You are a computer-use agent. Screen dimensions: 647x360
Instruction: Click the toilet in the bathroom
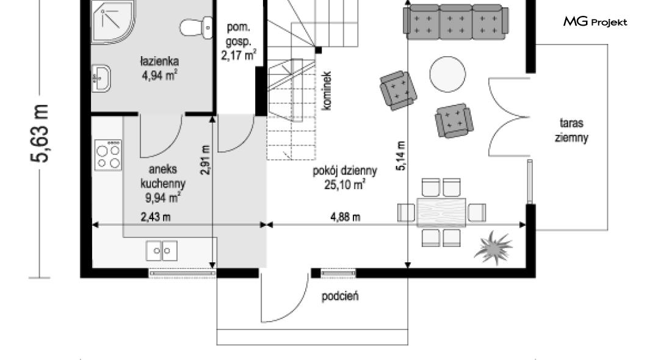[197, 27]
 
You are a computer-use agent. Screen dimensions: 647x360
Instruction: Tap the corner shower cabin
[112, 21]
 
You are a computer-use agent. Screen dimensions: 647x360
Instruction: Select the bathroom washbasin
[101, 78]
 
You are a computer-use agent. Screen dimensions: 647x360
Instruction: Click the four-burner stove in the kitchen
[108, 155]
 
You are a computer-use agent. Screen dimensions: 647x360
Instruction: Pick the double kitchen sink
[162, 251]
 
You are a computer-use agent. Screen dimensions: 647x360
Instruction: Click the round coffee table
[447, 74]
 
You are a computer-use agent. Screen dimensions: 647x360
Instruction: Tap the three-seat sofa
[455, 22]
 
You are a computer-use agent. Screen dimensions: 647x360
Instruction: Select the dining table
[441, 213]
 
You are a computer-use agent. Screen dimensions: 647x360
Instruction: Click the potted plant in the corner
[494, 248]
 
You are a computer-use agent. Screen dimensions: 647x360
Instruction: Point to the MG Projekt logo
[595, 21]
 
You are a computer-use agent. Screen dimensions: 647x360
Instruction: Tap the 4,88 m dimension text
[345, 217]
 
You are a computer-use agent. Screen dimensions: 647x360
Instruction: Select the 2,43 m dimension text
[156, 217]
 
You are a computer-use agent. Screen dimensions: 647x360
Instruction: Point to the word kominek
[326, 91]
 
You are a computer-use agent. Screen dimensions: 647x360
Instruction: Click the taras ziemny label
[571, 131]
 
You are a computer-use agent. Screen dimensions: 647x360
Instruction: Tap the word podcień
[340, 296]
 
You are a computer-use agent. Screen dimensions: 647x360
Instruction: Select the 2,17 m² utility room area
[239, 55]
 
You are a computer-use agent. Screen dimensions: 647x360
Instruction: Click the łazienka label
[159, 62]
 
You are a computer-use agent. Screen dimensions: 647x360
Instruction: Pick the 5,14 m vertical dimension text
[401, 156]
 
